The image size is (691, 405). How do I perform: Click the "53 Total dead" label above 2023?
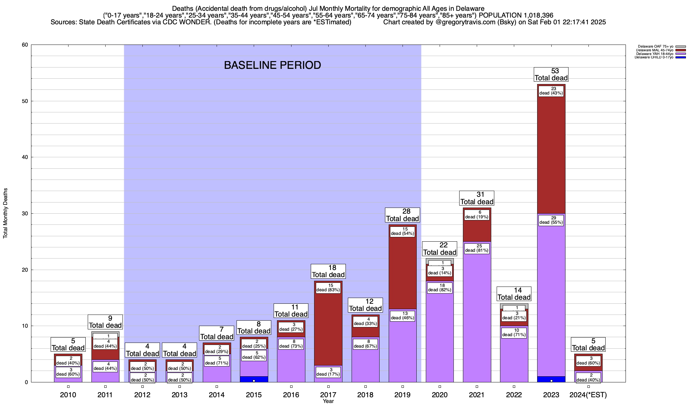[x=551, y=75]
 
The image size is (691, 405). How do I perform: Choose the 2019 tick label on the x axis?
[x=403, y=395]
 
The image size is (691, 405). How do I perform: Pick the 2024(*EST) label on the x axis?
[x=588, y=395]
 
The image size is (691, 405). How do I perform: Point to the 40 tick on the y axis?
[x=25, y=157]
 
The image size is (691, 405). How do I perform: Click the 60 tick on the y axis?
[x=25, y=45]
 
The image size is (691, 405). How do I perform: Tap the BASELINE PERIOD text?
[x=272, y=65]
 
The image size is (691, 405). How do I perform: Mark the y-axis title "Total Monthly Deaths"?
[x=5, y=213]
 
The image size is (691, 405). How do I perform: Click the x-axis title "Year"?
[x=328, y=401]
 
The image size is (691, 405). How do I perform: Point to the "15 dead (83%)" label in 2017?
[x=328, y=288]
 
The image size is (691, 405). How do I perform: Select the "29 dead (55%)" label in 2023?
[x=551, y=220]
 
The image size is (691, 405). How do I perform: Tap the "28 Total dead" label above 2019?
[x=403, y=215]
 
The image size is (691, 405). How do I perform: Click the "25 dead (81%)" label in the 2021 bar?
[x=477, y=248]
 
